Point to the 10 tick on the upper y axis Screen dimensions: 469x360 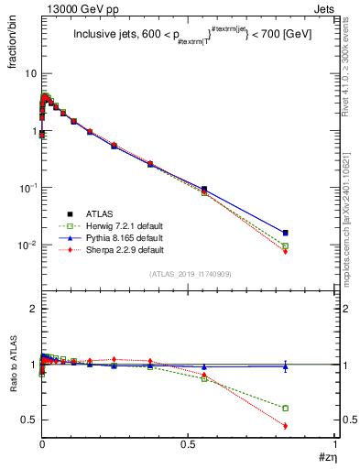click(x=28, y=73)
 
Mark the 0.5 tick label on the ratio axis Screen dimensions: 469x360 click(x=27, y=420)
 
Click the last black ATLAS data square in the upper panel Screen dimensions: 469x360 click(x=286, y=233)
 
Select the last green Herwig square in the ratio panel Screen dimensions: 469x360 click(x=286, y=408)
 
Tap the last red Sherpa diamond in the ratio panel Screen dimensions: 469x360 click(x=286, y=426)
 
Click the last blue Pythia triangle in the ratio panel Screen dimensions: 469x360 click(x=286, y=366)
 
